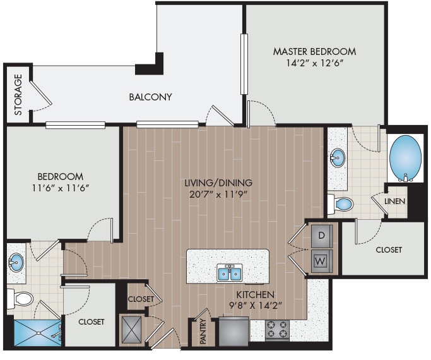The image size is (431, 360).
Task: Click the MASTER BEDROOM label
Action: click(x=314, y=51)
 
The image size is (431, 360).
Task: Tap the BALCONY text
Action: click(x=150, y=97)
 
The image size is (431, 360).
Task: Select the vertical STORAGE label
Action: click(x=18, y=95)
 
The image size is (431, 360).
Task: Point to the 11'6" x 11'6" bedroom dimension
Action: click(x=60, y=188)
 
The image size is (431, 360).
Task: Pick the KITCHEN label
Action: click(x=255, y=295)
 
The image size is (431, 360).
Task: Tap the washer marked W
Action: click(x=321, y=260)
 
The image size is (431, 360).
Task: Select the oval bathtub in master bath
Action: click(x=406, y=158)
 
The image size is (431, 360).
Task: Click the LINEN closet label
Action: click(x=395, y=201)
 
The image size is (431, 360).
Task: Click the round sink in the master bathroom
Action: click(x=338, y=156)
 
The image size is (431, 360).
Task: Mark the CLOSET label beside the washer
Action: click(x=388, y=250)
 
